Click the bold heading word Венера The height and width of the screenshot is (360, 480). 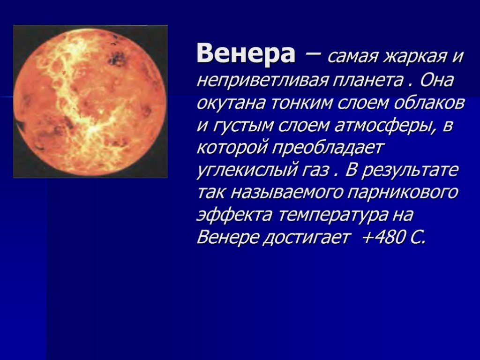pos(246,53)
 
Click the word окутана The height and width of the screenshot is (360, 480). pos(230,103)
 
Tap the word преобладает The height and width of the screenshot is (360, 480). pos(328,148)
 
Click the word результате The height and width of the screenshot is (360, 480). pos(411,170)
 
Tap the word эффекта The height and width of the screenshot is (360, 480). pos(234,215)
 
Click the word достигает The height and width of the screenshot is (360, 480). pos(306,238)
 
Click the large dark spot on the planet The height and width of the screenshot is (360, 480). pos(117,58)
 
